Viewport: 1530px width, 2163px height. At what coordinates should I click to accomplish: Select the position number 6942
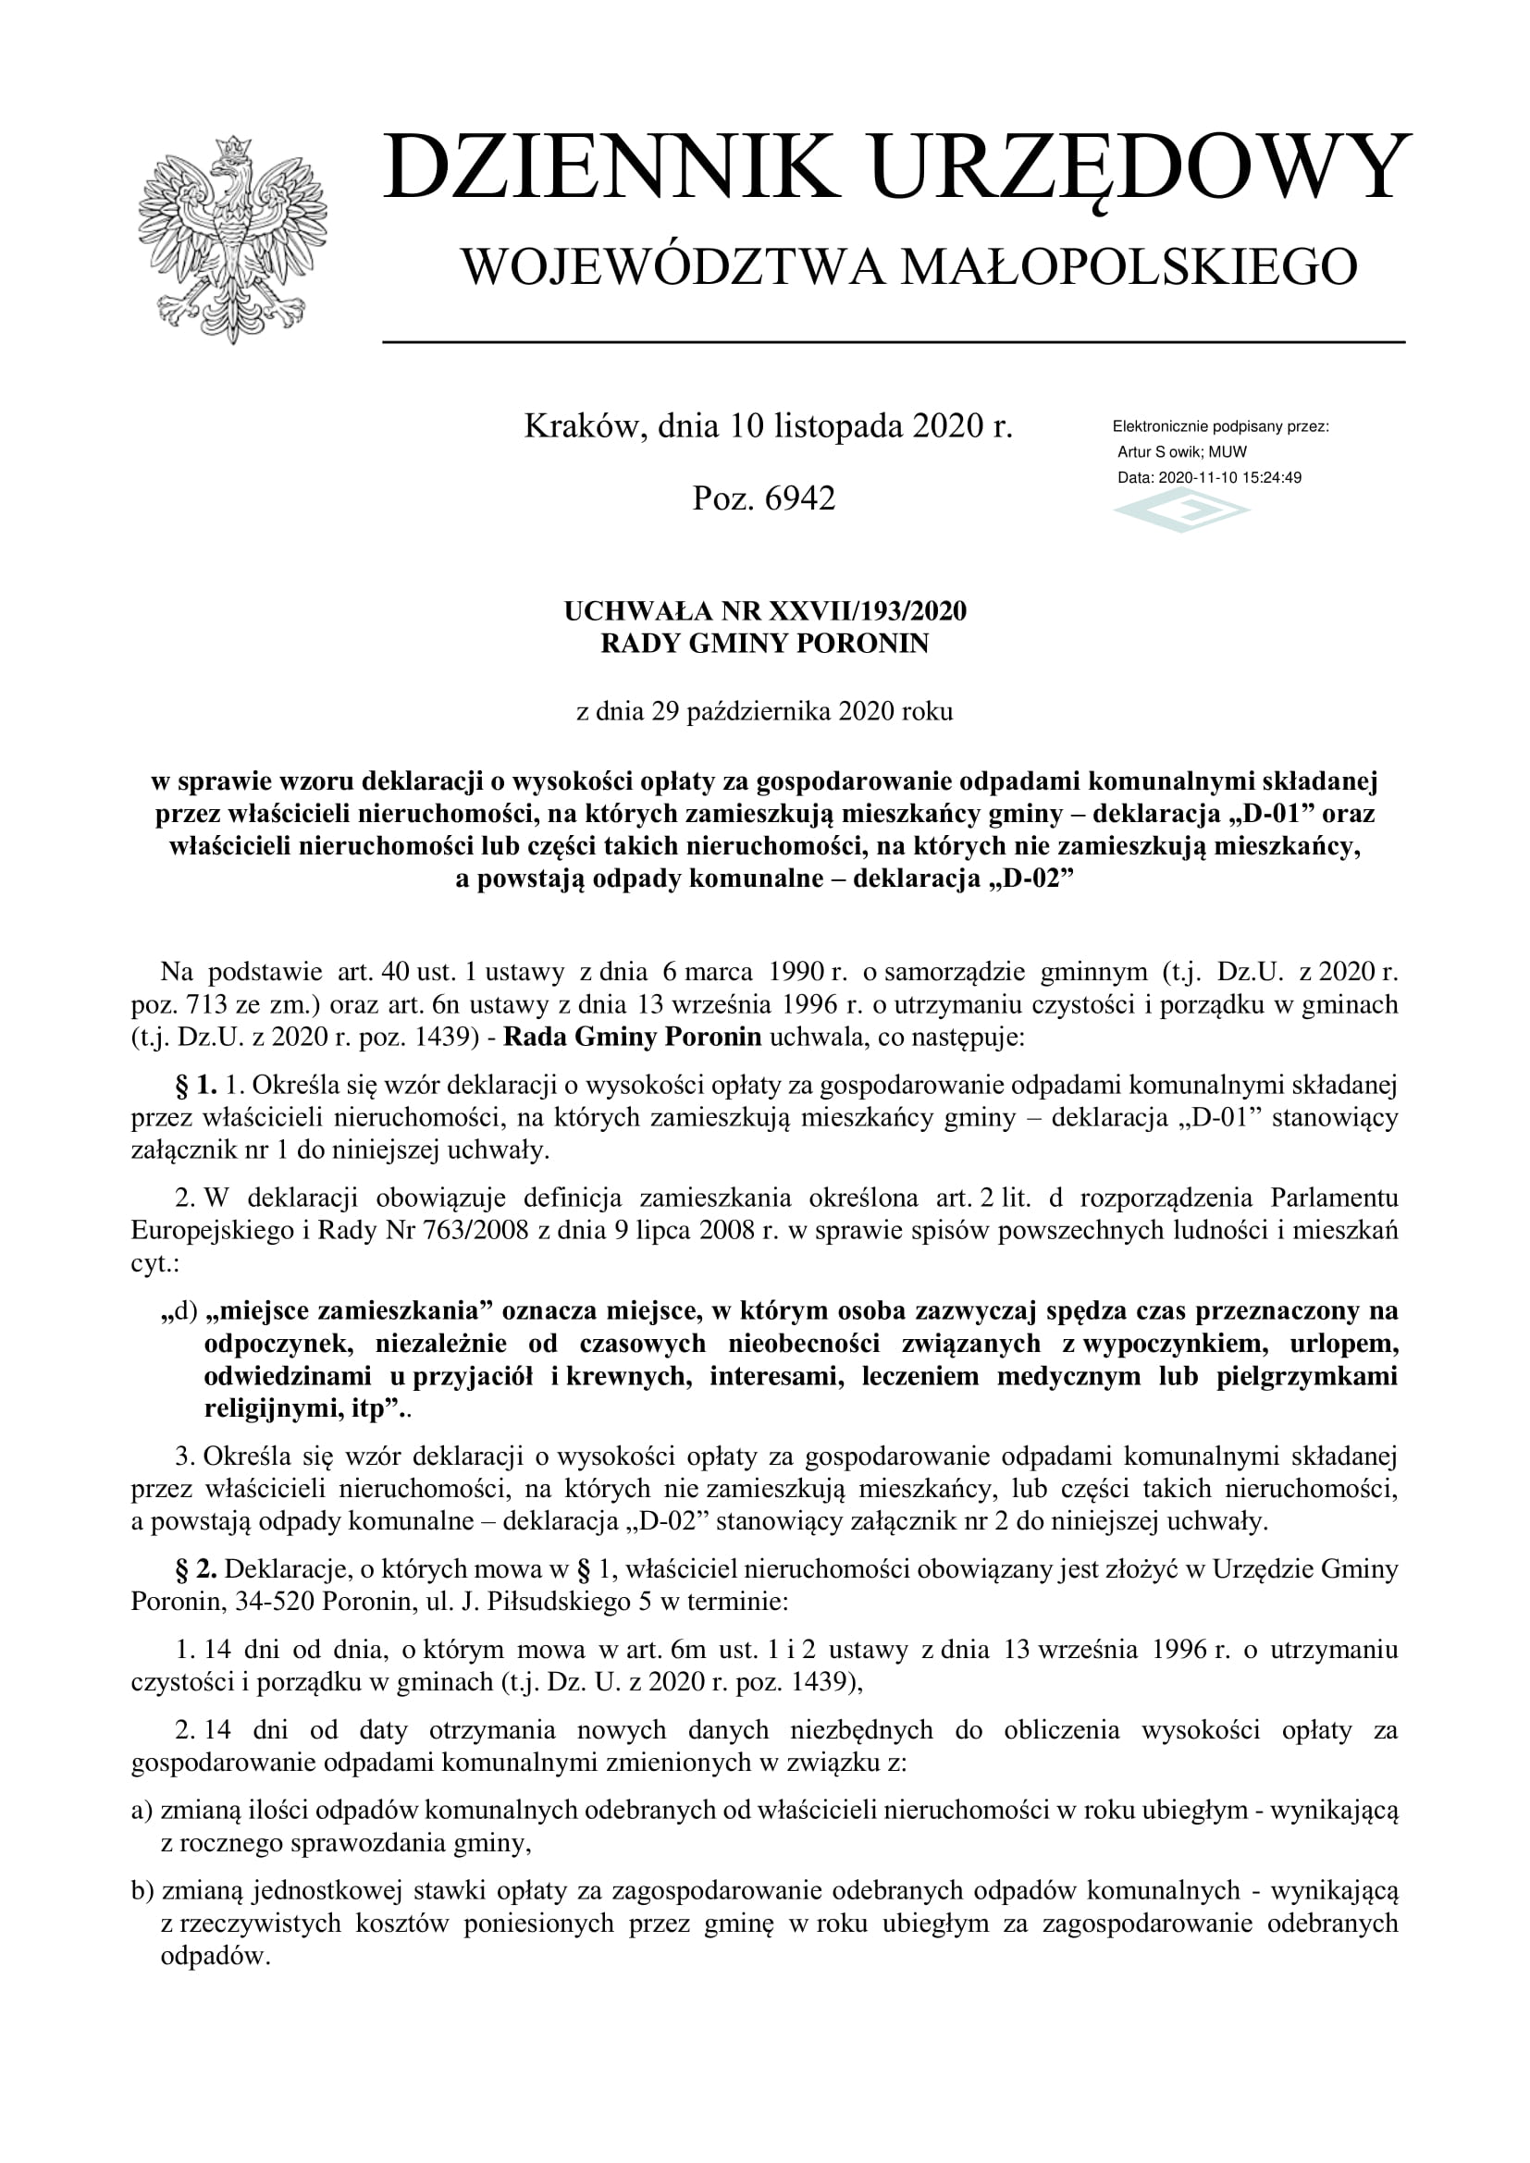pyautogui.click(x=800, y=498)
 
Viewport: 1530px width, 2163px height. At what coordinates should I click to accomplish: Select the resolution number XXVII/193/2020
pyautogui.click(x=868, y=611)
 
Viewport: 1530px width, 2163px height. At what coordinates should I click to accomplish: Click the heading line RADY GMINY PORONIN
pyautogui.click(x=764, y=644)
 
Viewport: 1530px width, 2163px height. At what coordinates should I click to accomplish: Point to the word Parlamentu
pyautogui.click(x=1334, y=1198)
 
